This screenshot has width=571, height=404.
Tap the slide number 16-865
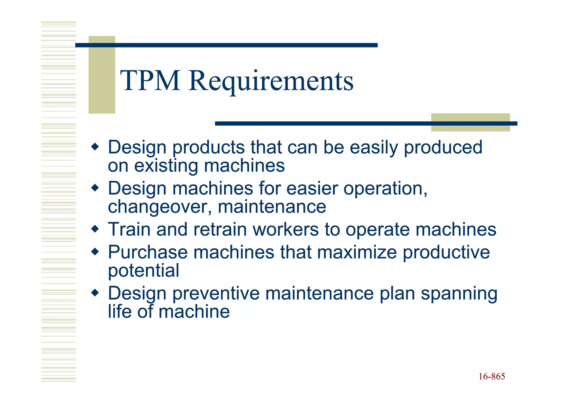click(492, 376)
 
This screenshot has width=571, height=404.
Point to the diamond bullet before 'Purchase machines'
click(95, 252)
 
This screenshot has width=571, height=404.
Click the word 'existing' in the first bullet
click(166, 166)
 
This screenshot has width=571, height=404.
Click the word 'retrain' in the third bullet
click(220, 230)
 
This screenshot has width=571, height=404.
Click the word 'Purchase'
click(147, 252)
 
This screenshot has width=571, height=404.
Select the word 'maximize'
click(357, 252)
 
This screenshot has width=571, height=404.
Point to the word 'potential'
click(143, 271)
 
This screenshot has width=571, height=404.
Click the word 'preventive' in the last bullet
click(216, 294)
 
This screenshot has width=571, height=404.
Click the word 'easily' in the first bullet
click(374, 148)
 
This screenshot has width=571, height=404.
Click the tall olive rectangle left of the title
click(101, 75)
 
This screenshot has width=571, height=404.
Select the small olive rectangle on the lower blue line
click(470, 123)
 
